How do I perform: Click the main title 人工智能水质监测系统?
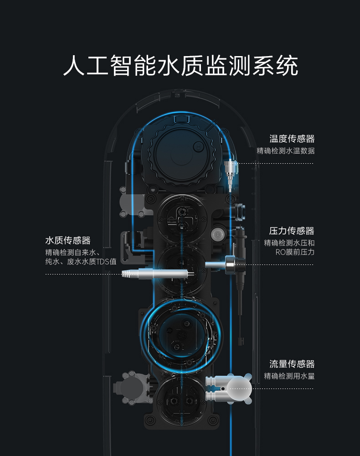click(x=180, y=66)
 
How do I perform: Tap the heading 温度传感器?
click(x=292, y=139)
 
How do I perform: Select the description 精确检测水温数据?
click(x=285, y=150)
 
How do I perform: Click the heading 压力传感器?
click(x=292, y=231)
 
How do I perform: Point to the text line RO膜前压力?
click(x=295, y=252)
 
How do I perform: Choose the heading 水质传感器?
click(x=68, y=240)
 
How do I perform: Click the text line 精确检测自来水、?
click(x=72, y=252)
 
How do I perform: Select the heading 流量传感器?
click(x=292, y=364)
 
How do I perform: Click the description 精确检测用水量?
click(x=289, y=376)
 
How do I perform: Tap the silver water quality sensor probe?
click(x=155, y=274)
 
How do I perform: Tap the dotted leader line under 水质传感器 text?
click(x=82, y=274)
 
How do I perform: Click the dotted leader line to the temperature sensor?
click(x=278, y=163)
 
